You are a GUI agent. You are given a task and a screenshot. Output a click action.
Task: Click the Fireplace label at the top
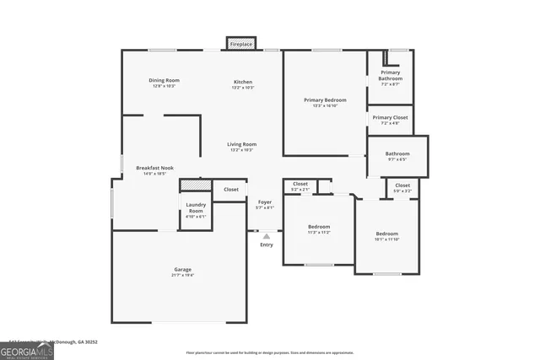[241, 44]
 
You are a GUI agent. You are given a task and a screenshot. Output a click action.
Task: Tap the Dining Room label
[164, 81]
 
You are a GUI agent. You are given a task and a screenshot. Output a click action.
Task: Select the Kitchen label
[243, 81]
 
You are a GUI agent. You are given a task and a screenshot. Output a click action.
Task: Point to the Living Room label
[242, 144]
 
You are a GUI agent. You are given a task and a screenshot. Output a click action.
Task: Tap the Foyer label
[265, 202]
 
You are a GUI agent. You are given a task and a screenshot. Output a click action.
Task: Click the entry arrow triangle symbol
[267, 236]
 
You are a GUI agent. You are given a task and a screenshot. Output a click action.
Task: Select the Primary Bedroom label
[324, 100]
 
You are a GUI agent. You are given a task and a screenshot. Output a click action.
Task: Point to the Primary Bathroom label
[390, 75]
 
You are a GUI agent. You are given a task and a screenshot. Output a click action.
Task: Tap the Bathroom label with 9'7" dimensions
[397, 154]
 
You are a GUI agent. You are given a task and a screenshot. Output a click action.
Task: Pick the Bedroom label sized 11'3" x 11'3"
[319, 227]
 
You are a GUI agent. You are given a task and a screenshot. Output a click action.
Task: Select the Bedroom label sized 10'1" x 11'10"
[387, 234]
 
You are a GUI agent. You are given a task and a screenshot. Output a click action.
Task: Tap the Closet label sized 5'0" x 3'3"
[402, 185]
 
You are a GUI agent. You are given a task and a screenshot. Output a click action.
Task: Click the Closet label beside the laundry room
[231, 190]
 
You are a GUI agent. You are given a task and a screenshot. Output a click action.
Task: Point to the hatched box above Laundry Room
[195, 185]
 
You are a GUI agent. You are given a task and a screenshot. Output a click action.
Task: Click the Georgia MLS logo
[27, 349]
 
